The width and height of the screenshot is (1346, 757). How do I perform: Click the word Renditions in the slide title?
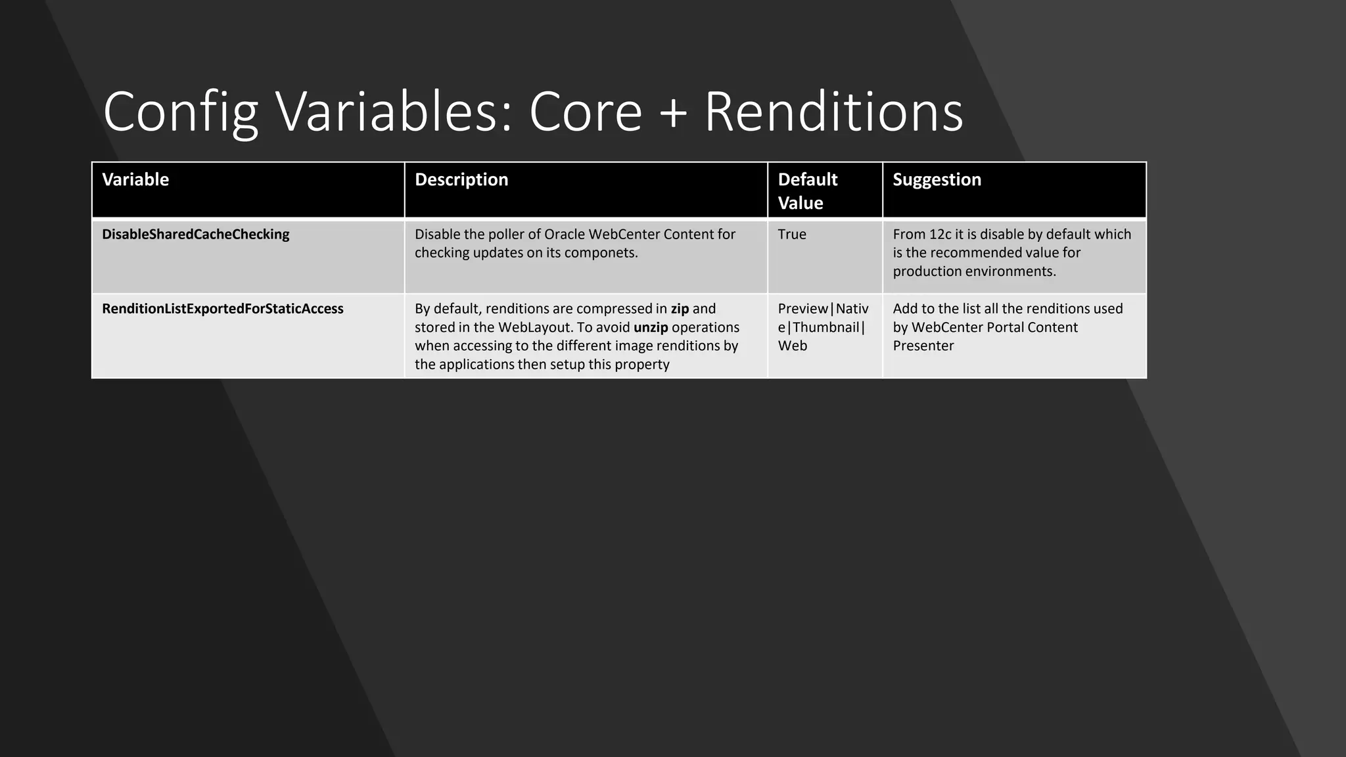pyautogui.click(x=833, y=112)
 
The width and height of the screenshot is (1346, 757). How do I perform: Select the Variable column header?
pyautogui.click(x=135, y=179)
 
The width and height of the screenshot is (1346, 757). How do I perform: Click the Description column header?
pyautogui.click(x=461, y=179)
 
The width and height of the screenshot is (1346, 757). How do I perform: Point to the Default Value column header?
pyautogui.click(x=808, y=191)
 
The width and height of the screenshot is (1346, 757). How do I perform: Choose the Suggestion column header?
pyautogui.click(x=937, y=179)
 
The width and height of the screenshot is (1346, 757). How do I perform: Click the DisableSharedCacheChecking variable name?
pyautogui.click(x=195, y=235)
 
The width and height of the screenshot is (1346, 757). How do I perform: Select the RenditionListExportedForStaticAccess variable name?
pyautogui.click(x=222, y=309)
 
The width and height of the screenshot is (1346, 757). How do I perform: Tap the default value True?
pyautogui.click(x=792, y=235)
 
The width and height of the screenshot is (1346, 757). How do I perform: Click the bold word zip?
pyautogui.click(x=680, y=309)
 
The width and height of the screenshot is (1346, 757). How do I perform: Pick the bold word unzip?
pyautogui.click(x=651, y=327)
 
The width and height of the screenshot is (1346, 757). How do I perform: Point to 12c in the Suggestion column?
pyautogui.click(x=940, y=235)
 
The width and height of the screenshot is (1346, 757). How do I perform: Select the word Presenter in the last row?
pyautogui.click(x=923, y=346)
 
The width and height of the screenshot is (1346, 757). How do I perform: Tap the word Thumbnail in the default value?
pyautogui.click(x=826, y=327)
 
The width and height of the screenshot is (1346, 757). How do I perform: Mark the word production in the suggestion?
pyautogui.click(x=927, y=271)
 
